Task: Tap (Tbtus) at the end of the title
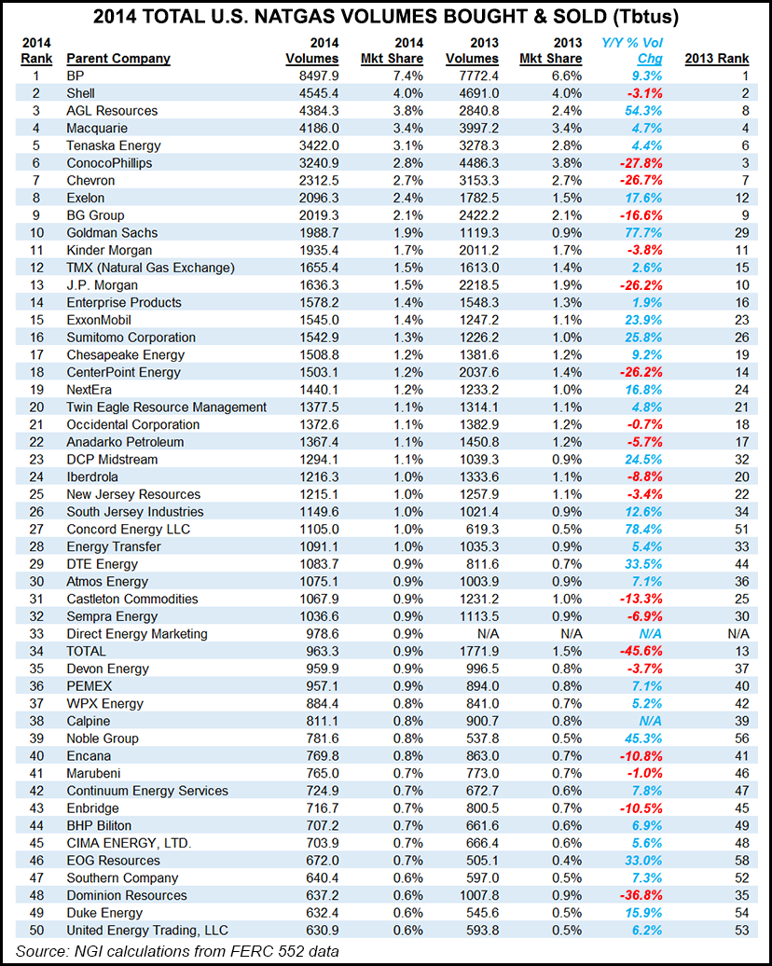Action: (641, 16)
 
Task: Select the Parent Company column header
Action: (118, 59)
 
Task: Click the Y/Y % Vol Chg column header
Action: (636, 50)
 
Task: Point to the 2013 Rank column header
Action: (716, 59)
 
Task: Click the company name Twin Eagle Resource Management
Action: (166, 407)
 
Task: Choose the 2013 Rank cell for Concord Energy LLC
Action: (716, 529)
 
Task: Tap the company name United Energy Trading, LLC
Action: (147, 930)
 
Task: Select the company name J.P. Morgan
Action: (103, 284)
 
